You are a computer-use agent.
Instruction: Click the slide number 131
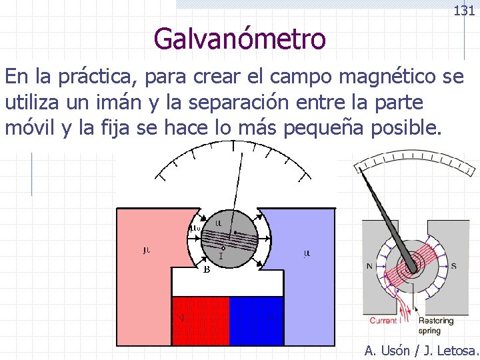click(463, 11)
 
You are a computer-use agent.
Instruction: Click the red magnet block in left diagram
click(200, 321)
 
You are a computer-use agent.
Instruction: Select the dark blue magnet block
click(257, 321)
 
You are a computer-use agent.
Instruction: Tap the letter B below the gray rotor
click(207, 270)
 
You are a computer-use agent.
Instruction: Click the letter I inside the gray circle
click(221, 255)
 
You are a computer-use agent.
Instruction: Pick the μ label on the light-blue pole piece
click(307, 253)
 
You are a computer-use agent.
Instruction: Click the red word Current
click(383, 321)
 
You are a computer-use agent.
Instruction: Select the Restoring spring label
click(437, 325)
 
